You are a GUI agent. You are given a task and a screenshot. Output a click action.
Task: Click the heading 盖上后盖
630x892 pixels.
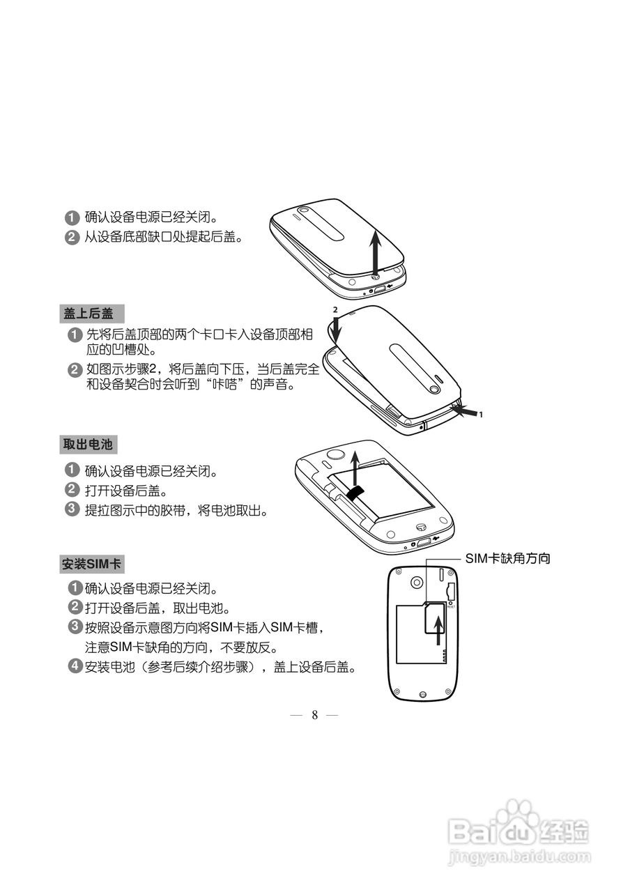click(88, 314)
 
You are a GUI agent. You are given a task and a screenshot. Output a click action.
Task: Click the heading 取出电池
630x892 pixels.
click(88, 444)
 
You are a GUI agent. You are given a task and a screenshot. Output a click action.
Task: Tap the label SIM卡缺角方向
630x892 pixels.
click(508, 557)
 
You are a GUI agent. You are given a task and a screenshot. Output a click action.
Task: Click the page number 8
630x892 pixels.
click(314, 715)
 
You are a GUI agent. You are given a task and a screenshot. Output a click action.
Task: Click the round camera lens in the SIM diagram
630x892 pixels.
click(417, 582)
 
